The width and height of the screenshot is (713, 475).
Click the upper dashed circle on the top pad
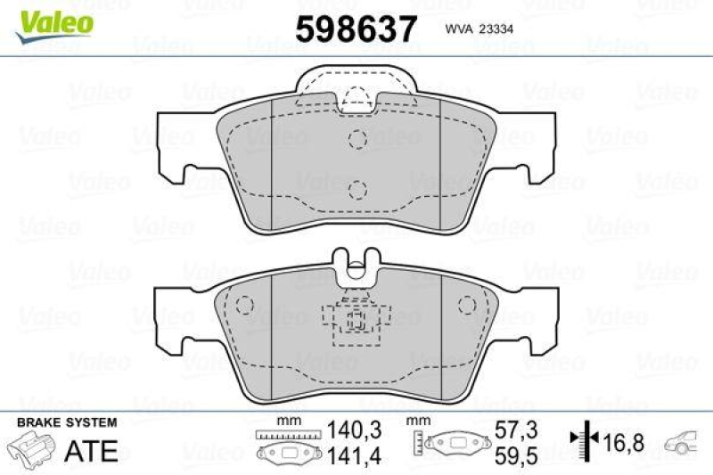357,138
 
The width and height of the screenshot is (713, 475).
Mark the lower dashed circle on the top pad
357,188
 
